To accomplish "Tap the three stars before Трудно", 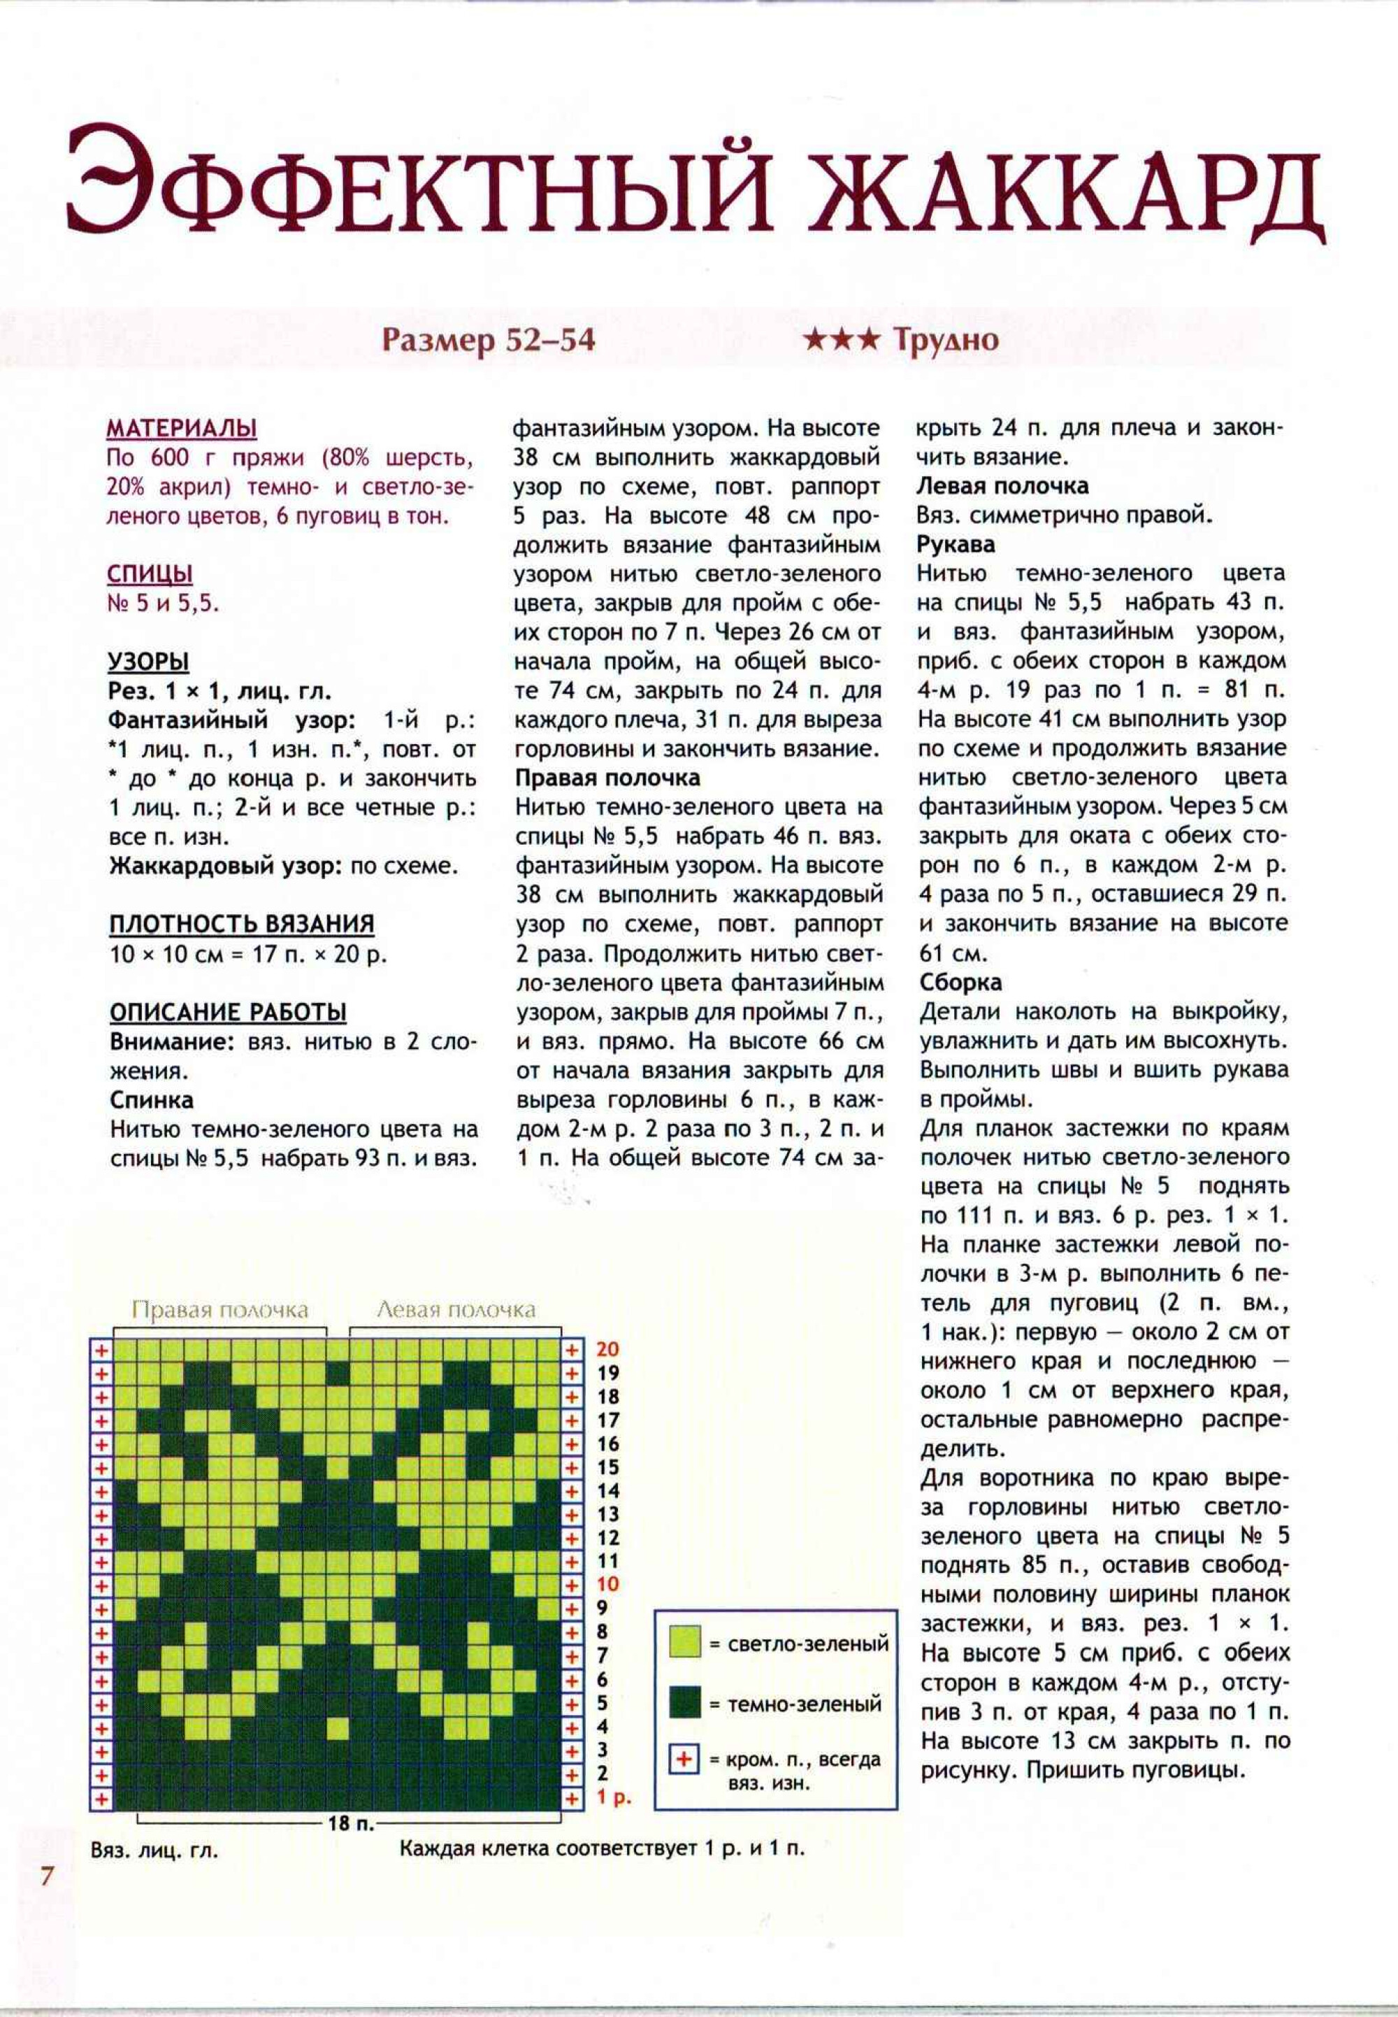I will [841, 340].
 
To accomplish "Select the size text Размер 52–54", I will [488, 340].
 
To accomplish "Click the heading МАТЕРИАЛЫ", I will [181, 429].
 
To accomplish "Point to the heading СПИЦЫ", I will [150, 575].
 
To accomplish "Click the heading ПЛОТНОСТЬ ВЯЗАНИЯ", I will [242, 923].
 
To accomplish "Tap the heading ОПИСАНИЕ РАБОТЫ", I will [228, 1012].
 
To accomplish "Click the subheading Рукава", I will [956, 544].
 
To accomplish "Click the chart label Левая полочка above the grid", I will [456, 1310].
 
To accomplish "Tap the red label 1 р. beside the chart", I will [613, 1798].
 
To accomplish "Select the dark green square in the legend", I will [684, 1704].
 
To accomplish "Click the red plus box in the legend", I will [684, 1760].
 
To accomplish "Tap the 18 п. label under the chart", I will [350, 1824].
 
